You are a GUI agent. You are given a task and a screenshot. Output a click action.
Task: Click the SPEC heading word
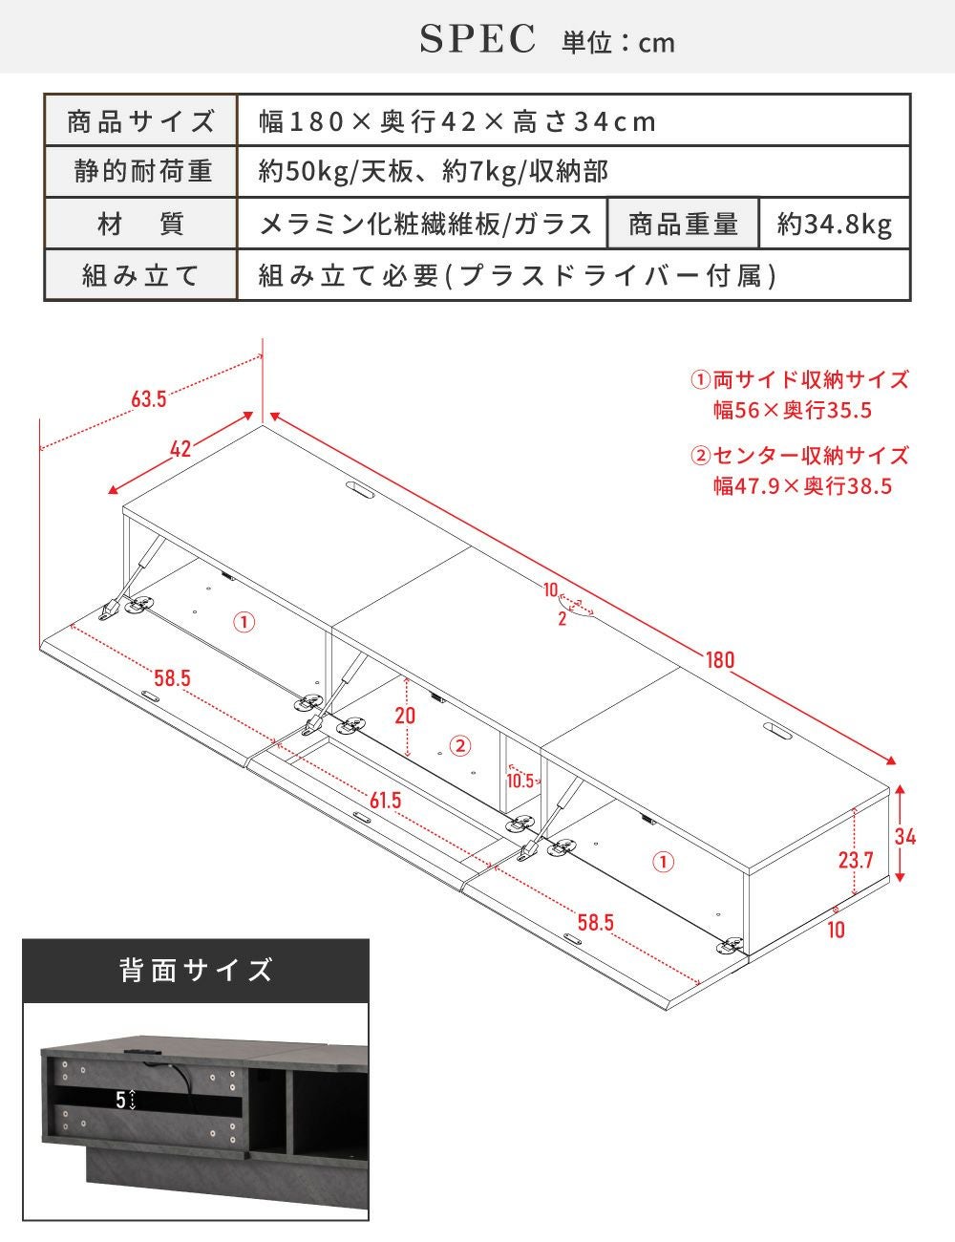478,39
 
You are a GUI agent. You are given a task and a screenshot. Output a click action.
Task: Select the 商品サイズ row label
140,120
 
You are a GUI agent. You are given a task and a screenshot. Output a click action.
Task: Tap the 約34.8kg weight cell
835,225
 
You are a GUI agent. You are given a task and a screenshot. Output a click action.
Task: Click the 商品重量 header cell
683,225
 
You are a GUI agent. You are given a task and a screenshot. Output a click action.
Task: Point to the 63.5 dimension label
149,399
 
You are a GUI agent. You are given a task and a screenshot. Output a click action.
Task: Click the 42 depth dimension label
180,449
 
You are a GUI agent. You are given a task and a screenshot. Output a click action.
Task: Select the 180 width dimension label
720,660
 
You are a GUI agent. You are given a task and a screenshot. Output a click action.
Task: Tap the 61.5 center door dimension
385,801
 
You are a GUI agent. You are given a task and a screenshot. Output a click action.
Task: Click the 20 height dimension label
405,715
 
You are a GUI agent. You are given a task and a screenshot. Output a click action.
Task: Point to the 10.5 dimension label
520,781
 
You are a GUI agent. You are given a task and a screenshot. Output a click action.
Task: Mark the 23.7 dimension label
856,860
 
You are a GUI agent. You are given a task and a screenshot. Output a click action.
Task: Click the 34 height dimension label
905,837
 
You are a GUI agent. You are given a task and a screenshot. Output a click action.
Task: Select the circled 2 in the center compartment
460,745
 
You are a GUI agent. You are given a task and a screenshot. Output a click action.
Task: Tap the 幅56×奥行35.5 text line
793,411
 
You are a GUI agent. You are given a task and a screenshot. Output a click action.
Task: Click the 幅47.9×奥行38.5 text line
802,486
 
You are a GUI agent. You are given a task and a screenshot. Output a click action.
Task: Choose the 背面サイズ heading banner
196,971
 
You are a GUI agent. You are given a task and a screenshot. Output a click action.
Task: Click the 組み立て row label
140,275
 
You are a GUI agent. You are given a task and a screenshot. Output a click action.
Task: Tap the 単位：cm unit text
618,42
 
